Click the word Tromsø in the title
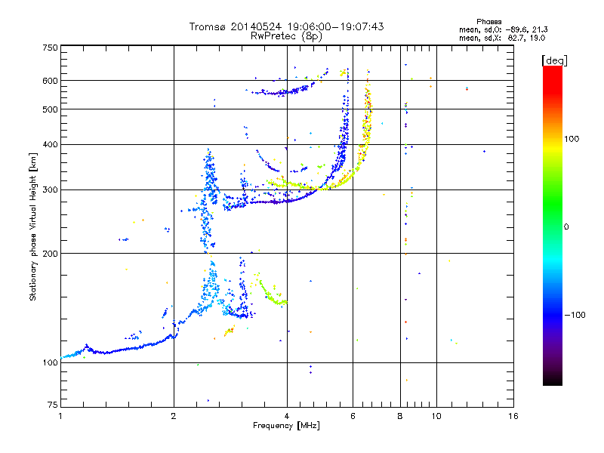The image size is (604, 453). coord(209,26)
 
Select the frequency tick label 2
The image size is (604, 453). coord(174,416)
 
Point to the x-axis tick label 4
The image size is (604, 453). coord(287,416)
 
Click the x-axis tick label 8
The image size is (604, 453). coord(400,416)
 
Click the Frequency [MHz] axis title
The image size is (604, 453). coord(286,426)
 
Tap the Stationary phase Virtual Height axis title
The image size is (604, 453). coord(33,227)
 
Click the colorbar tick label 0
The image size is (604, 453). coord(566,226)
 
